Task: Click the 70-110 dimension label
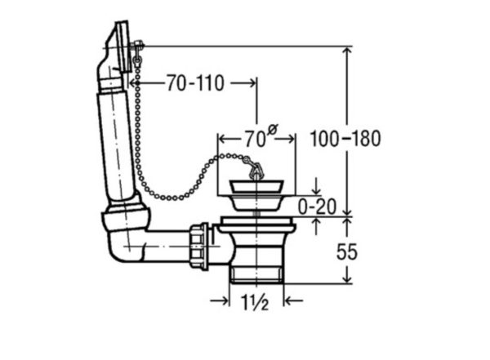click(195, 83)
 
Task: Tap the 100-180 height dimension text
click(345, 138)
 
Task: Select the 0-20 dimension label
click(317, 207)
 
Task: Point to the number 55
click(346, 252)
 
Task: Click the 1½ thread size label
click(255, 302)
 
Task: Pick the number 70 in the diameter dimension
click(255, 140)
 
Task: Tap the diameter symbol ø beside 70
click(273, 129)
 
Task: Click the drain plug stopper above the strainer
click(256, 186)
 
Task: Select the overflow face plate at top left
click(122, 47)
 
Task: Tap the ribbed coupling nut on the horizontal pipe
click(198, 246)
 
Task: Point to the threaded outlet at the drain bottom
click(256, 274)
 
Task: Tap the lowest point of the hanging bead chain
click(171, 198)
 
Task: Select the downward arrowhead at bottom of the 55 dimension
click(347, 278)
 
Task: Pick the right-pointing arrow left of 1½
click(220, 301)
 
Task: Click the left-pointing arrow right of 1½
click(293, 301)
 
